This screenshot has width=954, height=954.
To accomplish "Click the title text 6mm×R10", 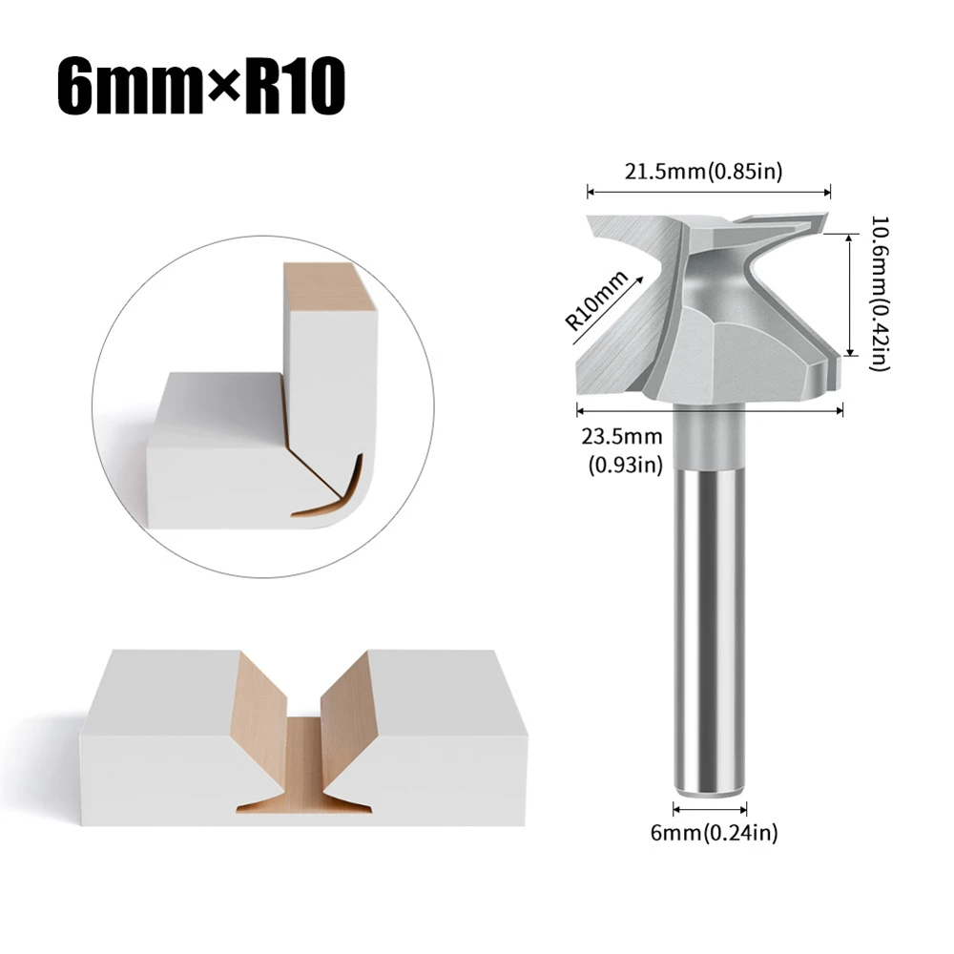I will tap(199, 89).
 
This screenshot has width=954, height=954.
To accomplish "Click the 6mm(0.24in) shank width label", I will tap(708, 833).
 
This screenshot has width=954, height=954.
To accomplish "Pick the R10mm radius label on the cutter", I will tap(598, 301).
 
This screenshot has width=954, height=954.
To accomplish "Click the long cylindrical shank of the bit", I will tap(709, 611).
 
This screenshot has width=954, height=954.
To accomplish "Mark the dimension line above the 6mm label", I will tap(709, 809).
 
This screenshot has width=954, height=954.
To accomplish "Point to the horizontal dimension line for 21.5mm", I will tap(708, 192).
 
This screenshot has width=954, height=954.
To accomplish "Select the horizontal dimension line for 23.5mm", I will tap(710, 411).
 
